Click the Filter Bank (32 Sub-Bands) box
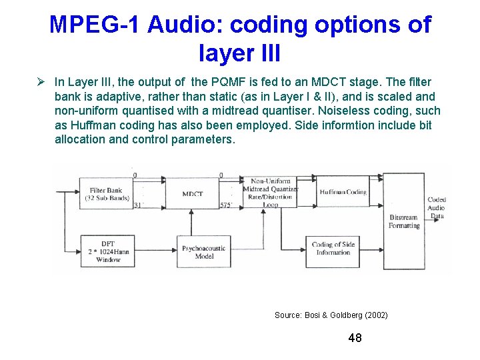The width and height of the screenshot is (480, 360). click(106, 193)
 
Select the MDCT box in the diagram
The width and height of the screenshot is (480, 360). click(193, 193)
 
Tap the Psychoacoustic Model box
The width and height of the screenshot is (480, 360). click(203, 252)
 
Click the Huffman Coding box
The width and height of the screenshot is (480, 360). click(343, 192)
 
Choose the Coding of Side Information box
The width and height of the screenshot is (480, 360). click(333, 249)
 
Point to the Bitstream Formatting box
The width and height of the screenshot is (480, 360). click(403, 221)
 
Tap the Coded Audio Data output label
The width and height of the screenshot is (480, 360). click(437, 207)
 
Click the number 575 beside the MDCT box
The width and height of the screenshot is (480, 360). click(226, 205)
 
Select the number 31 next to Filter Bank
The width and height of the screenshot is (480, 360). click(138, 205)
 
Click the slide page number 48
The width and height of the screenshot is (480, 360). click(355, 338)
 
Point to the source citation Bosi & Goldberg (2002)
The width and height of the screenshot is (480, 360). click(331, 315)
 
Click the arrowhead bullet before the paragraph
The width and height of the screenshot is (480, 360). click(41, 82)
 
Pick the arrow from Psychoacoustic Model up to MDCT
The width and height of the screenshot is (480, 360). click(193, 222)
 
